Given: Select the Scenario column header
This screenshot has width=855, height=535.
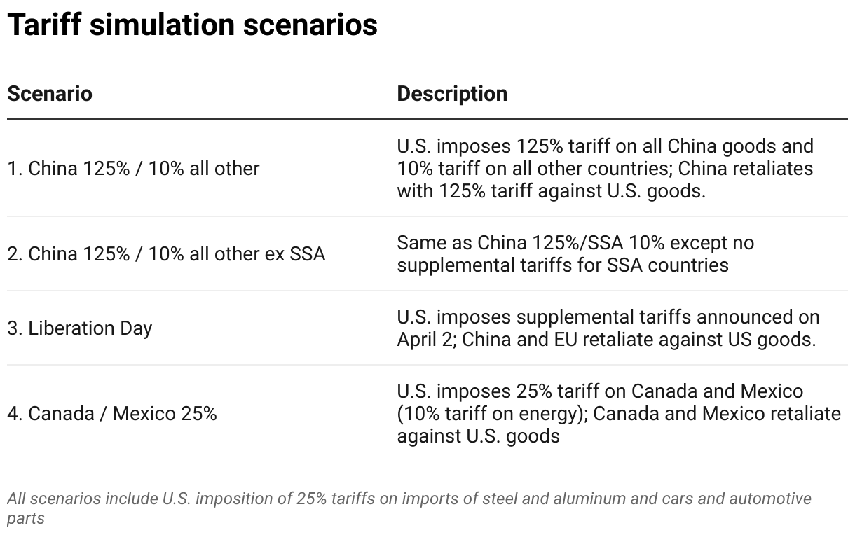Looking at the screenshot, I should [50, 94].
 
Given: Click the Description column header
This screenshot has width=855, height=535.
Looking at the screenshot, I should [452, 94].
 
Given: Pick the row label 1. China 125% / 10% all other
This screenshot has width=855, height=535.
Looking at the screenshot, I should [133, 169].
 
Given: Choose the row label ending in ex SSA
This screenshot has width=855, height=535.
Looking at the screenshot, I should [166, 253].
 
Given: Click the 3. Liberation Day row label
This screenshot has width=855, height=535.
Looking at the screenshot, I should [80, 328].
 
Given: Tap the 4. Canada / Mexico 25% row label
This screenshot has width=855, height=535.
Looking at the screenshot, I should [112, 414].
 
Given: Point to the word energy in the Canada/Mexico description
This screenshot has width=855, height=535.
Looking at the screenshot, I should [547, 414].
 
